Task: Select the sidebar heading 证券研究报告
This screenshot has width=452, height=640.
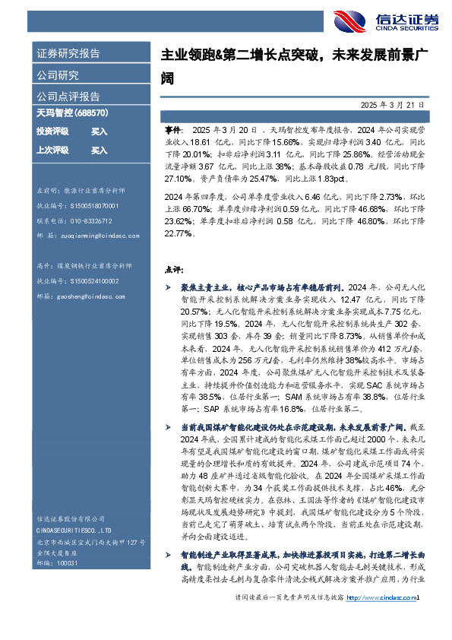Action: click(x=68, y=54)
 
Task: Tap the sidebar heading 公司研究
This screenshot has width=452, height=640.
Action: click(x=58, y=75)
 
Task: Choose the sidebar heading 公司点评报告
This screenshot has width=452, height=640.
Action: click(x=68, y=97)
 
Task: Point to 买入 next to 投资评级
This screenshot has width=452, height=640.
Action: click(x=99, y=131)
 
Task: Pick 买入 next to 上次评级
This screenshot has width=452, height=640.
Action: click(x=99, y=150)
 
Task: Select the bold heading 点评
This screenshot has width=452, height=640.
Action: click(x=172, y=269)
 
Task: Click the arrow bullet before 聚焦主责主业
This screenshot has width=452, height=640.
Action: click(x=168, y=289)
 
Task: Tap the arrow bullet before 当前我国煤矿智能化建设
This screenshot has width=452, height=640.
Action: click(x=168, y=427)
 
